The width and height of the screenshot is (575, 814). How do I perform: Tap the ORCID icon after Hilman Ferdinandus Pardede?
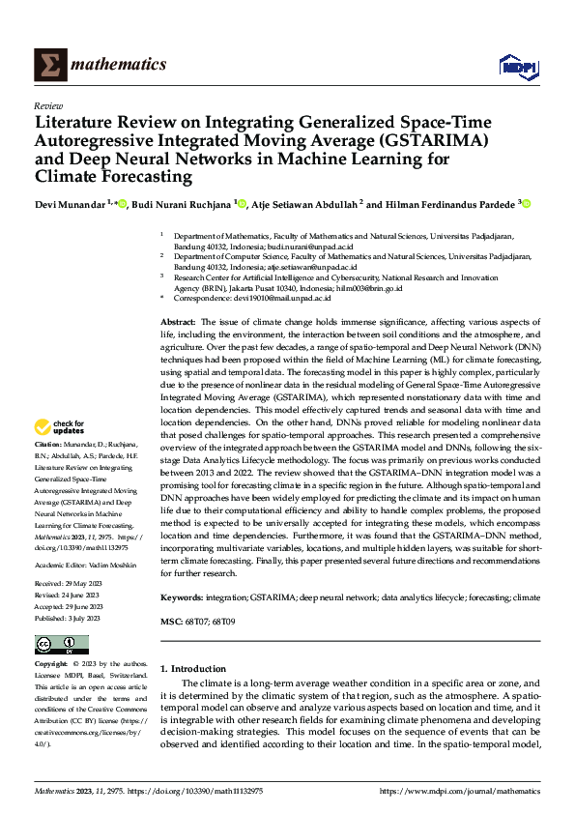pos(527,204)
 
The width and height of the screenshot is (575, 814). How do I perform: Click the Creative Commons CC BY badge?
pos(61,645)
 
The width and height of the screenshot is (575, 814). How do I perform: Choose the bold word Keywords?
pos(181,598)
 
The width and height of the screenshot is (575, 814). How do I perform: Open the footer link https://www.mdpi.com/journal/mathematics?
pos(460,792)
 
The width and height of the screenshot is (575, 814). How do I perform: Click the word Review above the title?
pos(47,105)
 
